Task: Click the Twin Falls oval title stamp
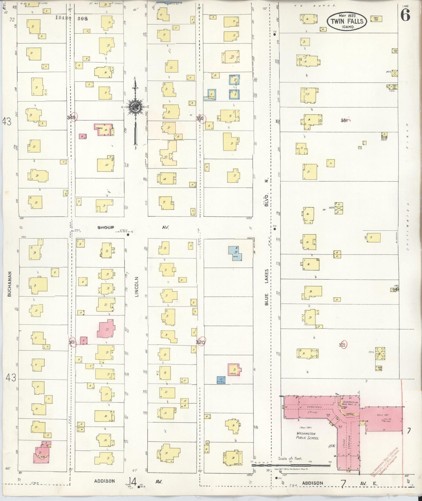point(347,21)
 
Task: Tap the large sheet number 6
point(405,15)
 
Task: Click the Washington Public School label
point(307,436)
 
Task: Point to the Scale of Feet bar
point(292,465)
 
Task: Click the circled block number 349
point(72,117)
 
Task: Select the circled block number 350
point(200,118)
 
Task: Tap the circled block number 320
point(200,342)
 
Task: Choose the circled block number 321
point(343,345)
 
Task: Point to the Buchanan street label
point(9,284)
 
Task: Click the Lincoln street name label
point(137,287)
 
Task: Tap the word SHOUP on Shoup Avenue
point(105,227)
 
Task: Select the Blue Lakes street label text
point(266,287)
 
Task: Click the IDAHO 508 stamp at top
point(72,18)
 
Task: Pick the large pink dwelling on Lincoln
point(106,329)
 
